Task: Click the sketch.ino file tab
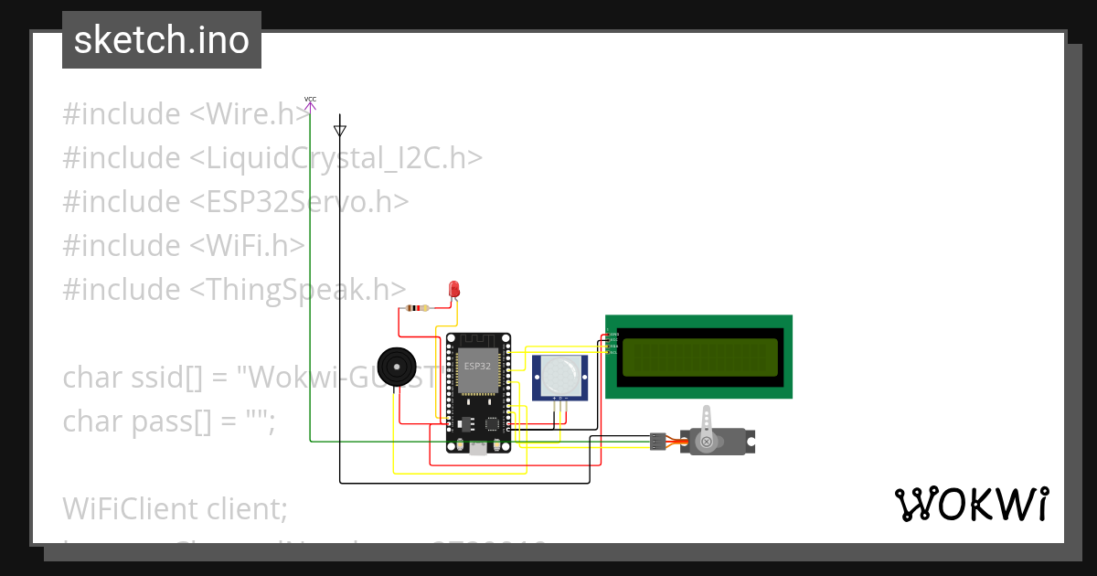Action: (x=162, y=40)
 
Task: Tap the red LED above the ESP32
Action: (x=453, y=289)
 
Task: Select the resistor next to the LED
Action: (x=417, y=308)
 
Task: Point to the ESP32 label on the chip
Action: (x=477, y=366)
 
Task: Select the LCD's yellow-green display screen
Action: (x=699, y=357)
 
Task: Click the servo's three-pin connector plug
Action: (x=658, y=442)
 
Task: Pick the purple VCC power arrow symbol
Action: (x=310, y=105)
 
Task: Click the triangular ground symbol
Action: (x=340, y=129)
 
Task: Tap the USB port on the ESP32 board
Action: (x=477, y=447)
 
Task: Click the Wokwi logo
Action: (x=971, y=505)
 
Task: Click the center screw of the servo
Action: (x=706, y=443)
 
